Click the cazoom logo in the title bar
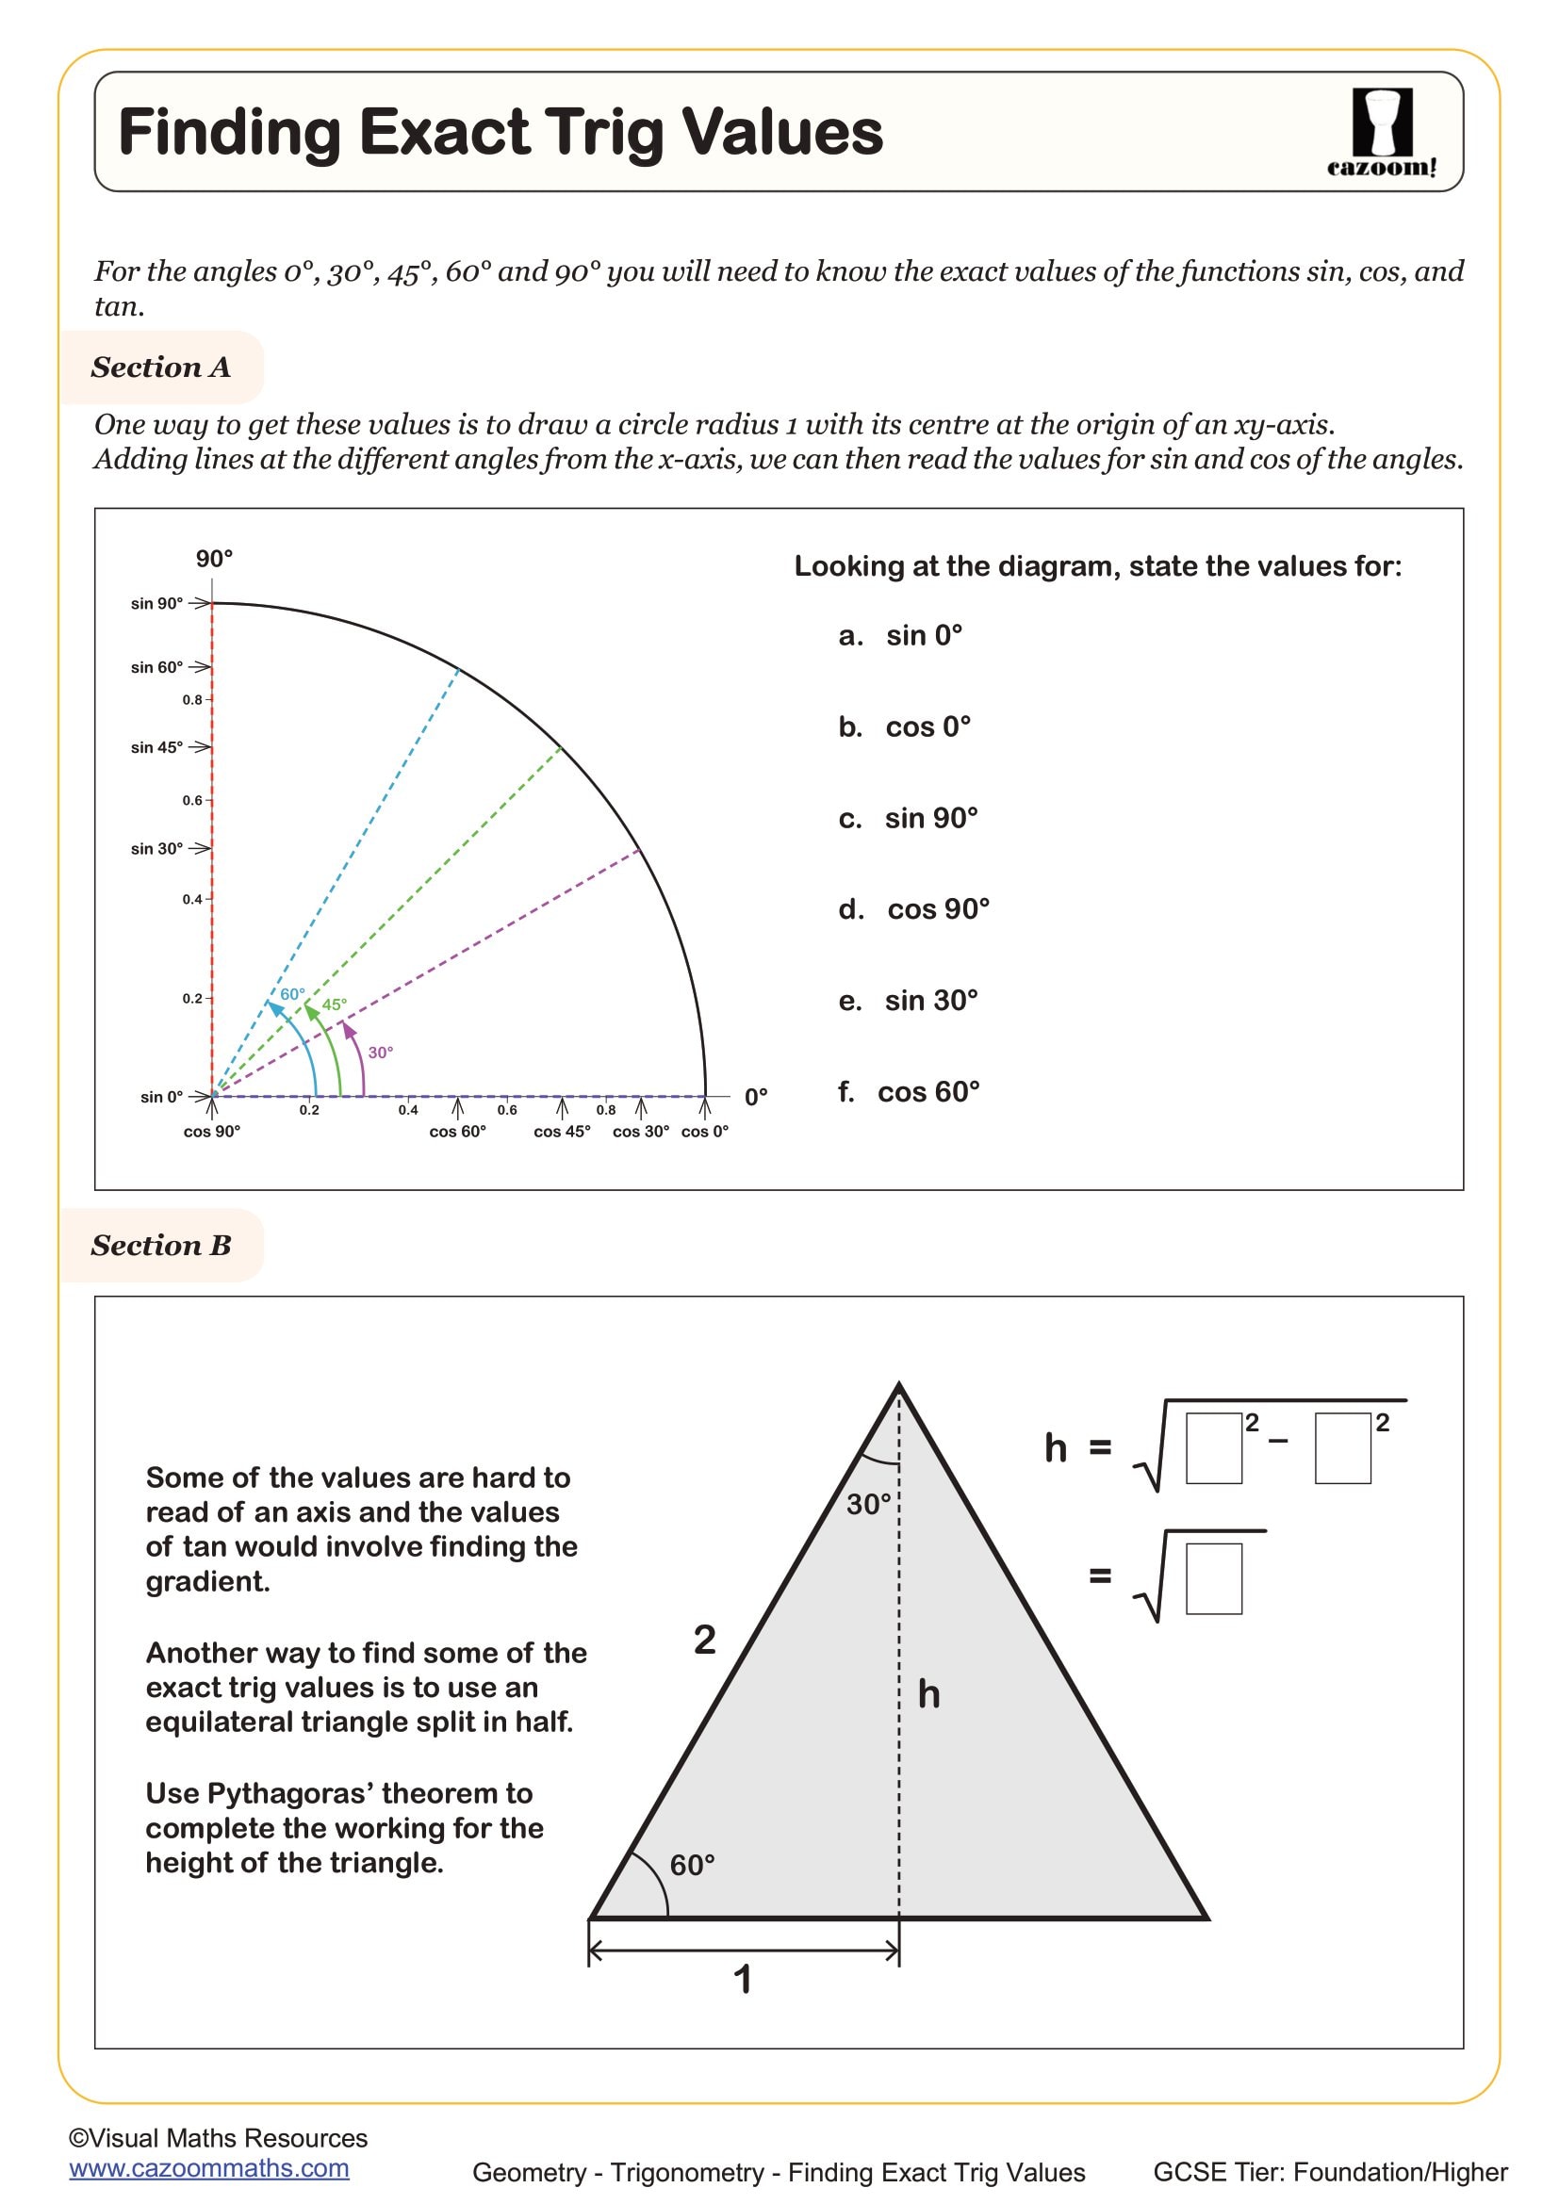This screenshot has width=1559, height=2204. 1382,132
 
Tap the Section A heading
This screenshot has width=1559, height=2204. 160,367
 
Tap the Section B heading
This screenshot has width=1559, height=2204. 160,1245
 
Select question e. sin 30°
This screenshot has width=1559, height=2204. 908,1001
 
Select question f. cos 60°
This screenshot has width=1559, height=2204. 908,1091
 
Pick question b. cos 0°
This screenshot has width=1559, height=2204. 904,727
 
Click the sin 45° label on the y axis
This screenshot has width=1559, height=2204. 156,747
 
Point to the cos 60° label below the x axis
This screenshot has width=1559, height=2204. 457,1132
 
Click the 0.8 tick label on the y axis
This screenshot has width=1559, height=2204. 192,700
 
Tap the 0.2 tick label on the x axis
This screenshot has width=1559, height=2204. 308,1111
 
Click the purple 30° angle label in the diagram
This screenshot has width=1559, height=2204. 380,1053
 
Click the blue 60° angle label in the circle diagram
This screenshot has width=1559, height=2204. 292,994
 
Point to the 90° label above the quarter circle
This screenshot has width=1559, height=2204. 214,559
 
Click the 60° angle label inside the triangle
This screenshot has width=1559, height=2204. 692,1864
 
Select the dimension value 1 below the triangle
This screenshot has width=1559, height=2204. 742,1979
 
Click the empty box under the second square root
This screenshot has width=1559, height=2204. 1213,1578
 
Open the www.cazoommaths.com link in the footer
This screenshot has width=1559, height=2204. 208,2168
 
